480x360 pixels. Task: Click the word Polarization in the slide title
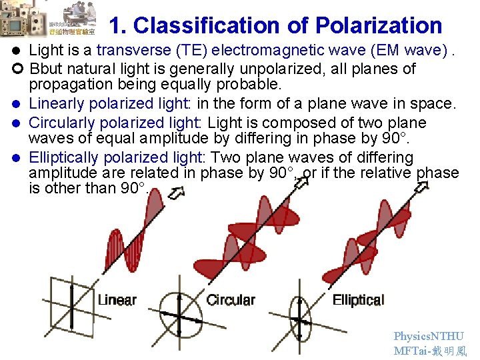378,25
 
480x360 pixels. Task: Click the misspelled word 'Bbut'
45,69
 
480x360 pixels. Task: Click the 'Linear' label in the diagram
117,300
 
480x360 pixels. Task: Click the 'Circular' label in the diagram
231,300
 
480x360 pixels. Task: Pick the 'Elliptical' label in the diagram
358,300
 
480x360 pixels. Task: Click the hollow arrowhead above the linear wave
177,193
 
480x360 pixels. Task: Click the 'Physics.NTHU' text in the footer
429,337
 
